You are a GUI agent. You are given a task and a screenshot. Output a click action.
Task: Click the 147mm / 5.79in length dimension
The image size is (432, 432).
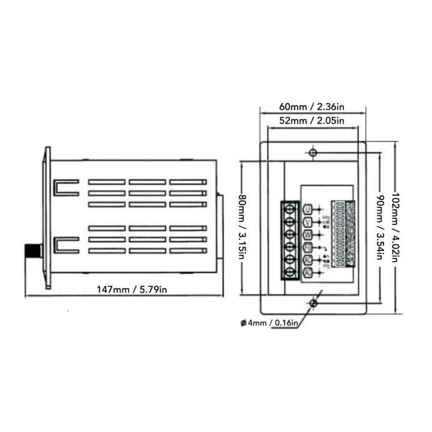132,290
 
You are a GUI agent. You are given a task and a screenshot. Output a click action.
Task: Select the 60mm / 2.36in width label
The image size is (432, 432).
311,107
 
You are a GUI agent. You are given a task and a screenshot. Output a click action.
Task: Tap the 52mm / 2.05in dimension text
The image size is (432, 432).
311,121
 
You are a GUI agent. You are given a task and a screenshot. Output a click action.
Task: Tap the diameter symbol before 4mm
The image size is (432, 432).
243,322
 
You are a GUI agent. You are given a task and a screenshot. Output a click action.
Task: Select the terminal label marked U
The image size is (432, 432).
308,209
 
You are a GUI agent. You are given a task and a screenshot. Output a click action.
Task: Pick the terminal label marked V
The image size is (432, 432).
308,222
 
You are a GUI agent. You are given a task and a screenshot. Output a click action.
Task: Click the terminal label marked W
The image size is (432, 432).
308,235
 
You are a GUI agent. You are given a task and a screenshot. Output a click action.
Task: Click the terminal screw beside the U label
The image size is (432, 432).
290,209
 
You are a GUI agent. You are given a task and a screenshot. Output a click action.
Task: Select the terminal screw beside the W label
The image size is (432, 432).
290,235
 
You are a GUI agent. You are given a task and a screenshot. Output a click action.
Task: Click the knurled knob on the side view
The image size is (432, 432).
34,250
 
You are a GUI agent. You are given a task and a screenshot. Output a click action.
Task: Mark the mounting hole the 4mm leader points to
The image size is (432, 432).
313,304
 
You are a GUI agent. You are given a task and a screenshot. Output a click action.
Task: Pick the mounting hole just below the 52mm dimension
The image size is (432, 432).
312,152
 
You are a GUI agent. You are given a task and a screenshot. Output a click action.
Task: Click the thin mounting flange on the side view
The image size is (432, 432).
46,218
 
